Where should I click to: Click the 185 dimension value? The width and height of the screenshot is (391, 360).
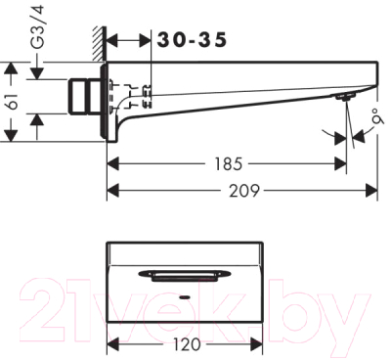click(x=229, y=163)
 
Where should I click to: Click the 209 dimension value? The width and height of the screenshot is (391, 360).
click(x=244, y=191)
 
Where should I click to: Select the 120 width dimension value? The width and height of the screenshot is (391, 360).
click(x=187, y=344)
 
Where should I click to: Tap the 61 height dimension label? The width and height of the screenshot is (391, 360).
click(x=12, y=102)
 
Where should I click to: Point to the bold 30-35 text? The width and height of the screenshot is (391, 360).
click(x=192, y=40)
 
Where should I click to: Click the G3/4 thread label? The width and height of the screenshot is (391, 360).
click(x=38, y=30)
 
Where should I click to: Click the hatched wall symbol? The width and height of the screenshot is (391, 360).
click(x=99, y=43)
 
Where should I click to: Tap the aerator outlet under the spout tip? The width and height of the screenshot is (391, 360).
click(x=344, y=97)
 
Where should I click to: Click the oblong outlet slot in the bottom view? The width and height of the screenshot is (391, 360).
click(x=185, y=276)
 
